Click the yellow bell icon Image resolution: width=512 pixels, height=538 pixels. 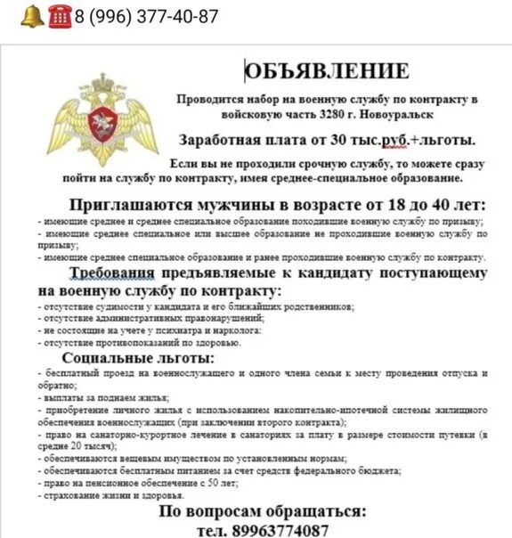pos(31,15)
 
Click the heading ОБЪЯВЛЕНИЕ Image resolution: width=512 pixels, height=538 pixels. pos(328,71)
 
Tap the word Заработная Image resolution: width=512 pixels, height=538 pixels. pos(216,141)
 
